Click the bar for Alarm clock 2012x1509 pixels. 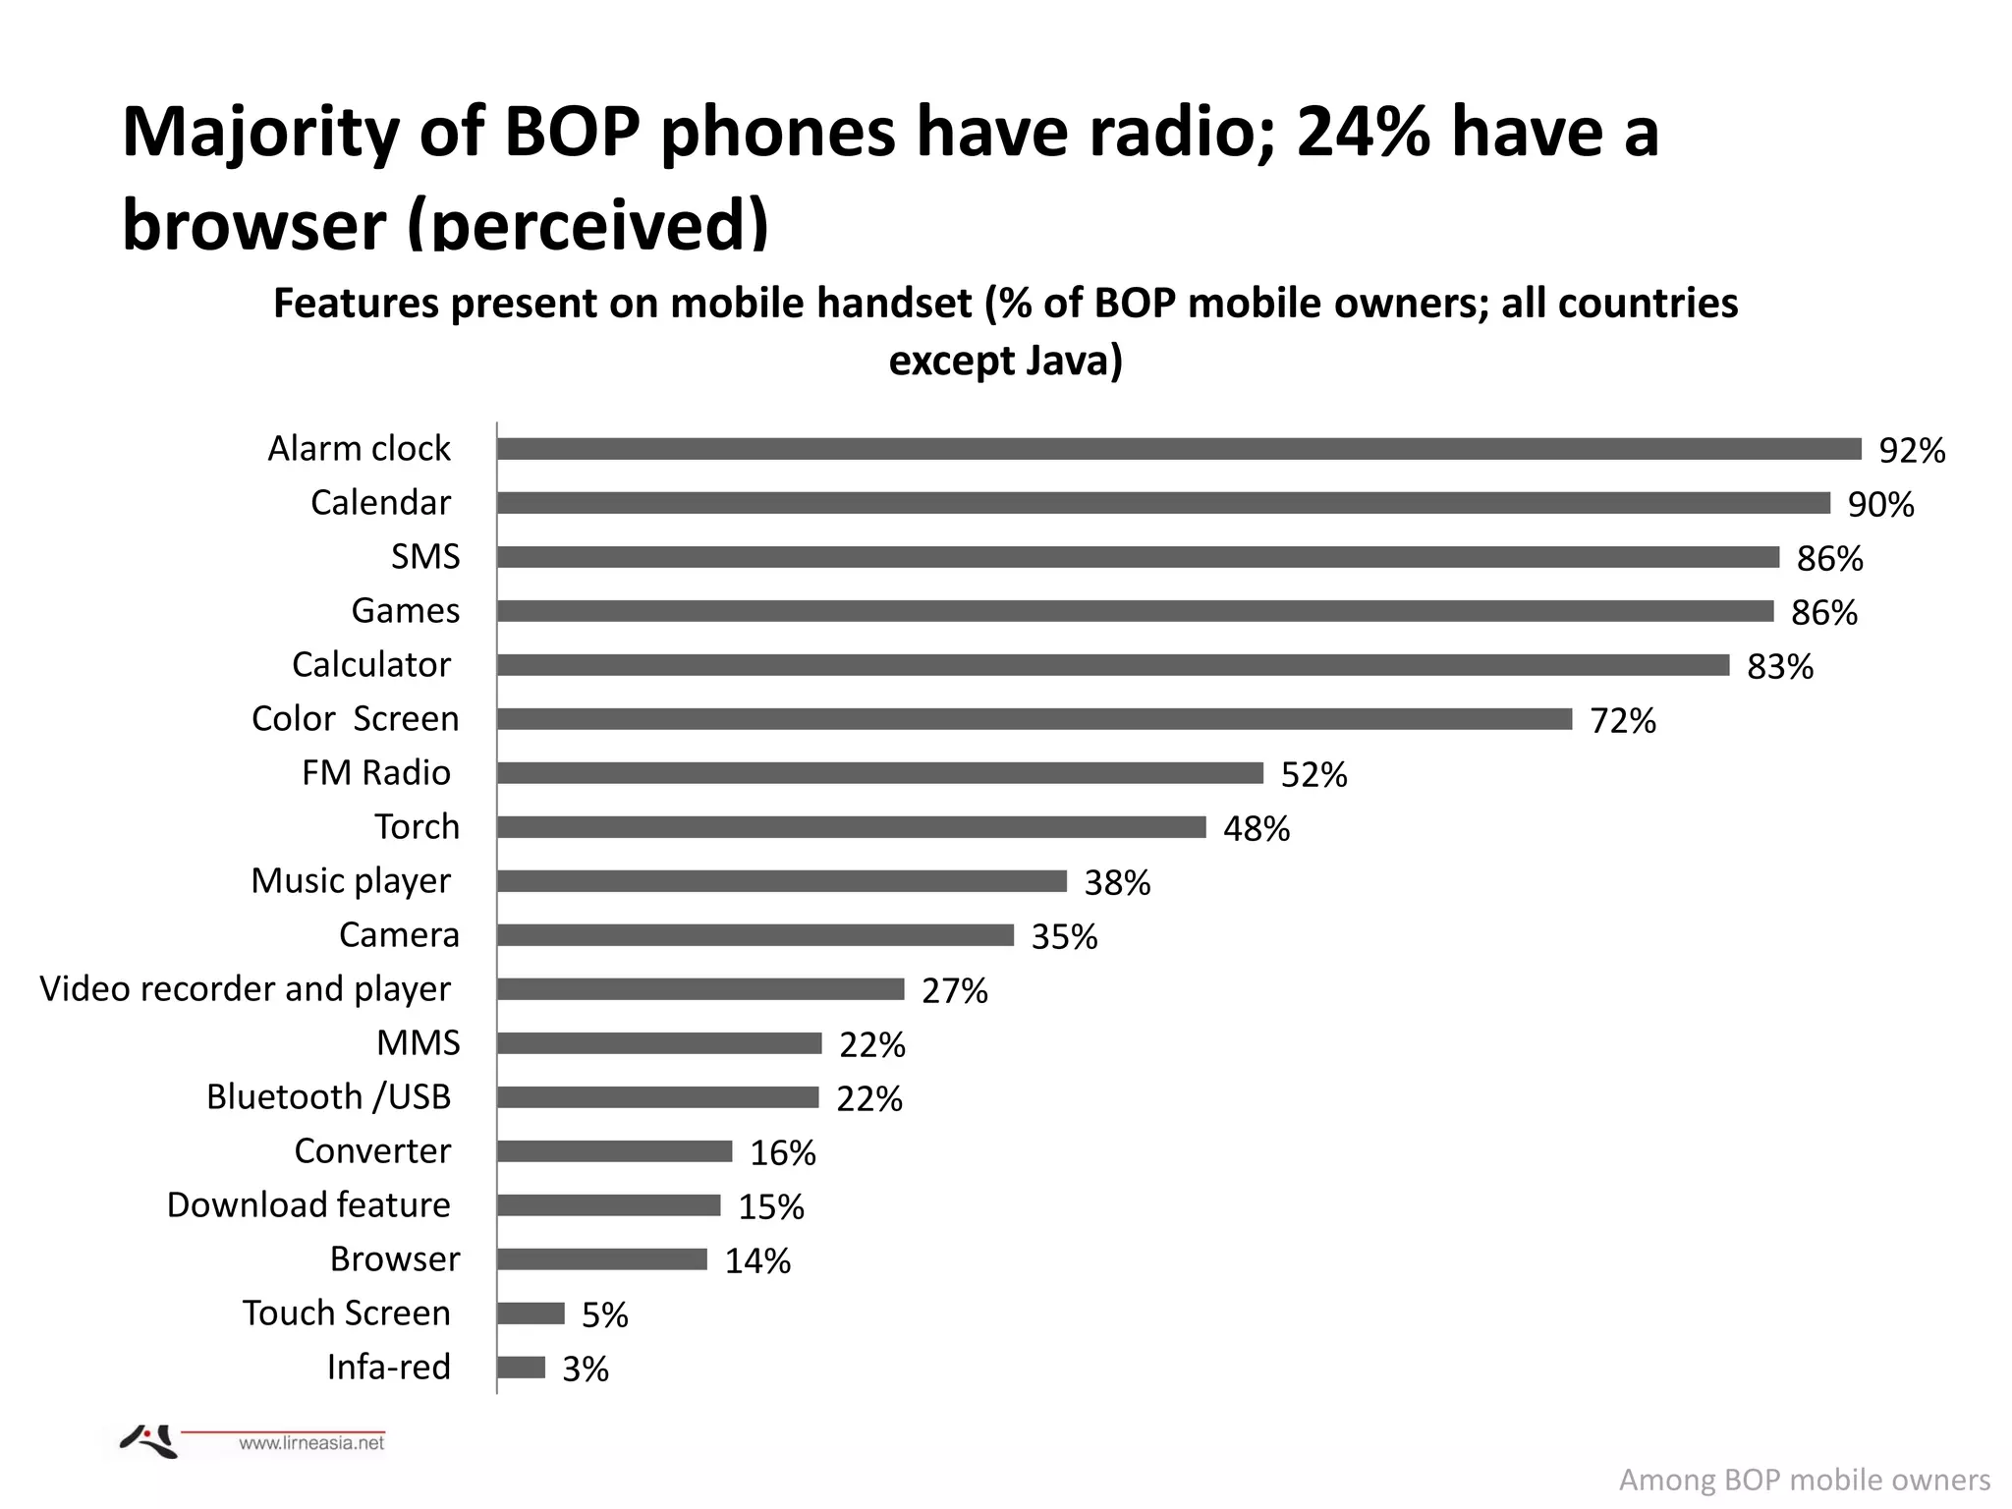point(1179,449)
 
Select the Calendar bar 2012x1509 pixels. point(1163,503)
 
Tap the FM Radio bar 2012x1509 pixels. point(879,773)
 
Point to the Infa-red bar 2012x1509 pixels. point(521,1368)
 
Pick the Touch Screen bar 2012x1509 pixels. point(531,1313)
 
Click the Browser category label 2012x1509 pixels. point(395,1259)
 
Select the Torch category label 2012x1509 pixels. point(417,827)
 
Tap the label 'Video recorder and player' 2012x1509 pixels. point(246,989)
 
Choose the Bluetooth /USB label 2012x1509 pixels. point(328,1097)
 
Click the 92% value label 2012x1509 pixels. point(1912,451)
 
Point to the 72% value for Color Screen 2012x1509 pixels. point(1623,721)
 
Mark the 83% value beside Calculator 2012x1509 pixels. point(1780,667)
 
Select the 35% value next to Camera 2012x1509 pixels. point(1064,937)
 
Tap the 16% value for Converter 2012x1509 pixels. point(783,1153)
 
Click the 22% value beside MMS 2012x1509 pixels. point(872,1045)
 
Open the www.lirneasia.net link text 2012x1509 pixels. point(311,1443)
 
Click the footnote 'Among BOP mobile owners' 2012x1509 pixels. point(1805,1481)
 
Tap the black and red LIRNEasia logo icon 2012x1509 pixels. point(149,1441)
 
